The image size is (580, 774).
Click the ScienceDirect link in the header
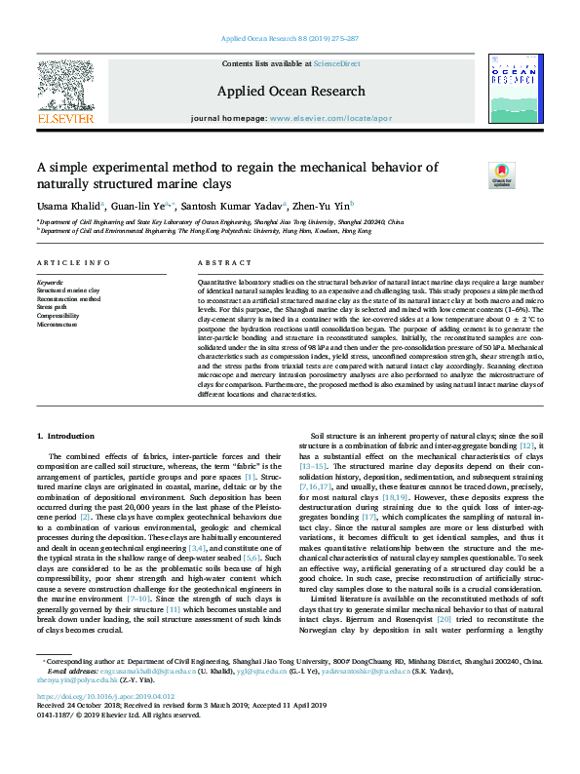point(336,62)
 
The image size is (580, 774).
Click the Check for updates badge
point(501,175)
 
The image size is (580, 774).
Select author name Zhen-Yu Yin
point(324,207)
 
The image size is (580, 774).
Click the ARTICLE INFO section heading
point(73,264)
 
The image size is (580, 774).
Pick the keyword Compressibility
point(58,315)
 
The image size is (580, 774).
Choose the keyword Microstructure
point(58,324)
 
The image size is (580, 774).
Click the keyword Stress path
point(53,306)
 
